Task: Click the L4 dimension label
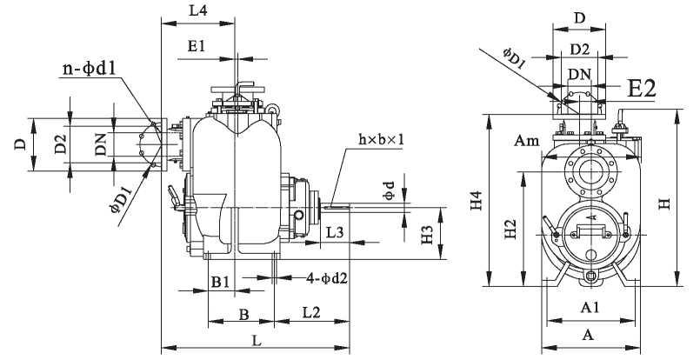point(197,11)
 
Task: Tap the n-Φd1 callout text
point(95,67)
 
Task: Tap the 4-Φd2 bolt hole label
point(327,278)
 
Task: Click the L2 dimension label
point(312,311)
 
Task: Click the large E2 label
point(642,87)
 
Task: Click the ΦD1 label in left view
point(121,209)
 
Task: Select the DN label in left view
point(101,146)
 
